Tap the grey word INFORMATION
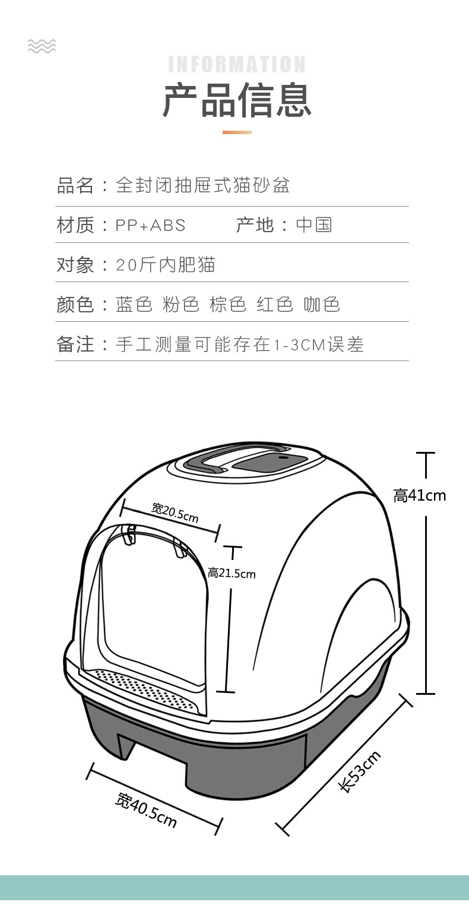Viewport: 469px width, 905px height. point(237,64)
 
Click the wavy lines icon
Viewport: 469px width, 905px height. point(42,46)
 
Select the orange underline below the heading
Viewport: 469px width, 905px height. point(237,132)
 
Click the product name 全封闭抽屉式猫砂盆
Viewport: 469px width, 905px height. point(202,185)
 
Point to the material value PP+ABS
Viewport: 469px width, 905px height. point(150,226)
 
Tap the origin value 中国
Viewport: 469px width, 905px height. point(313,225)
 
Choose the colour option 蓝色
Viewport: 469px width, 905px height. point(134,304)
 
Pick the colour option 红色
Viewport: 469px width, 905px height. point(275,304)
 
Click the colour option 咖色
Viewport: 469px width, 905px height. point(322,304)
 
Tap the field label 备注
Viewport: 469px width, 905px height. point(75,344)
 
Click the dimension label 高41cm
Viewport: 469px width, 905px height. point(419,495)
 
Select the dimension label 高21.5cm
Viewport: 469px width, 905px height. point(232,573)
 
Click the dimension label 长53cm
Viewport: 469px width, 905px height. point(360,770)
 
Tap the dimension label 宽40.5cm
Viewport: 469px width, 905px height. point(146,809)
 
